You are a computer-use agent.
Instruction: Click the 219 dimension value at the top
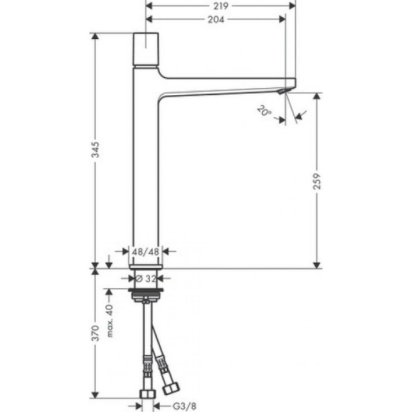219,6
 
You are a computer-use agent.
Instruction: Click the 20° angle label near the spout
264,111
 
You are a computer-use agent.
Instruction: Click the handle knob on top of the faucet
148,47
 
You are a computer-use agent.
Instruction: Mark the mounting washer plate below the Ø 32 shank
148,292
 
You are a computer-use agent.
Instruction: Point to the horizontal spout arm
227,85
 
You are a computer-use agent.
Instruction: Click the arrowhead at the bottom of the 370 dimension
95,395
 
